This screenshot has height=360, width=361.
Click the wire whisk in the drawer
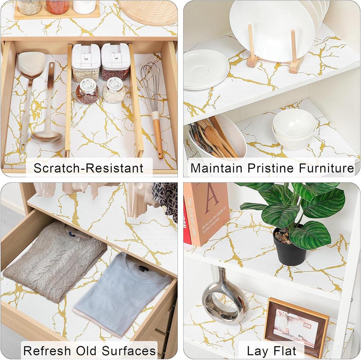150,80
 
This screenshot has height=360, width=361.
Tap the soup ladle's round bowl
47,136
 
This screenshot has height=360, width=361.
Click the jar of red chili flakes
87,92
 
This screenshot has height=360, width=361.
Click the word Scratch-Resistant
89,168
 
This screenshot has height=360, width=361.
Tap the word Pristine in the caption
262,168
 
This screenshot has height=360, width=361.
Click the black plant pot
290,247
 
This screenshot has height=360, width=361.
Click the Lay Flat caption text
271,351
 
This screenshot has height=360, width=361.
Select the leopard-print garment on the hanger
165,201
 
